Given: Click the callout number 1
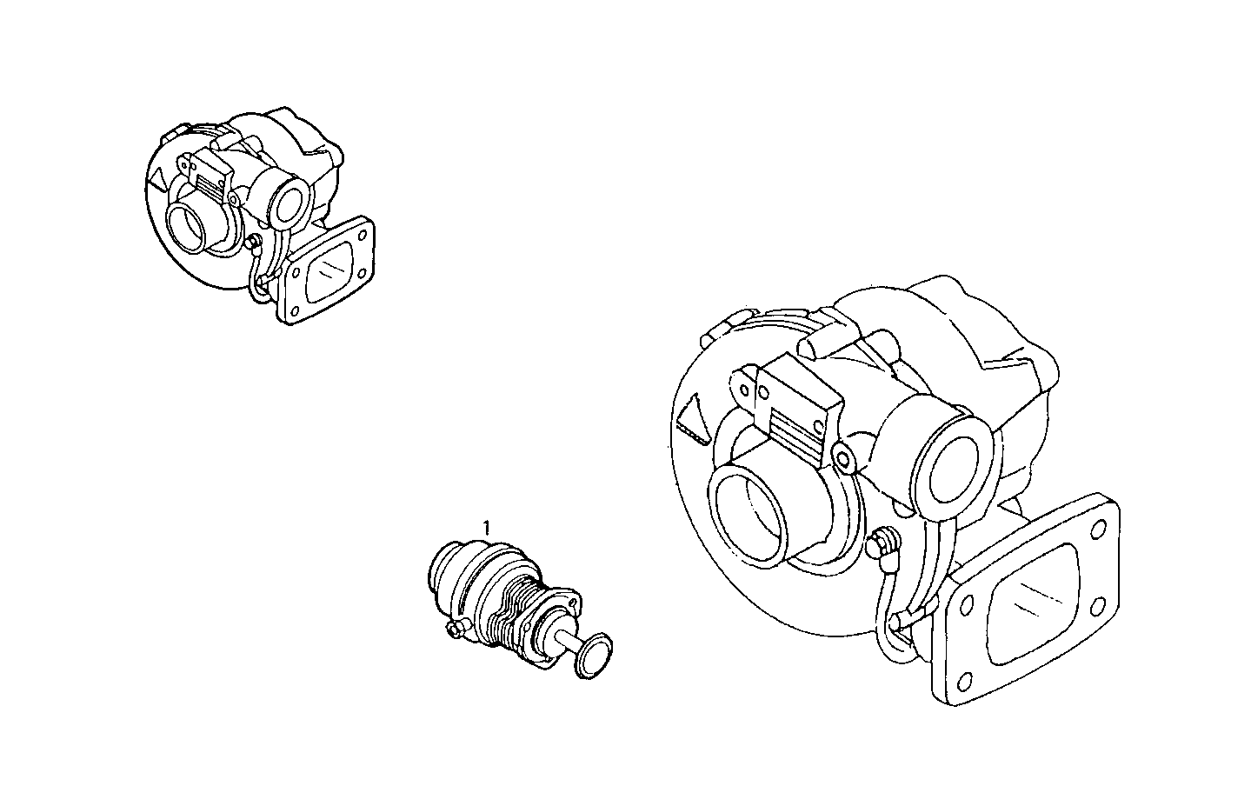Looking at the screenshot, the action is click(487, 526).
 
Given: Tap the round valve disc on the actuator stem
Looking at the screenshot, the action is click(595, 656).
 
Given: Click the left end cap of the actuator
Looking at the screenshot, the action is click(445, 574).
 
